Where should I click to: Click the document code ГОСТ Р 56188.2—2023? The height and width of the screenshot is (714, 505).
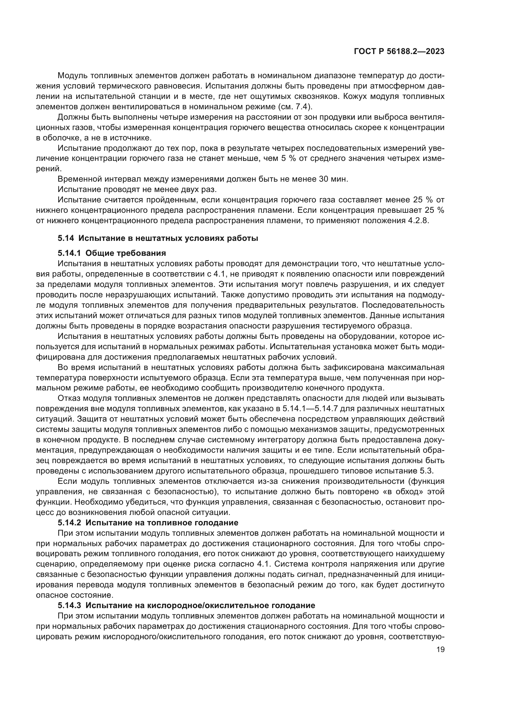[x=399, y=52]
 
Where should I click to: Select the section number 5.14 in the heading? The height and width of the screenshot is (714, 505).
[x=66, y=238]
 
